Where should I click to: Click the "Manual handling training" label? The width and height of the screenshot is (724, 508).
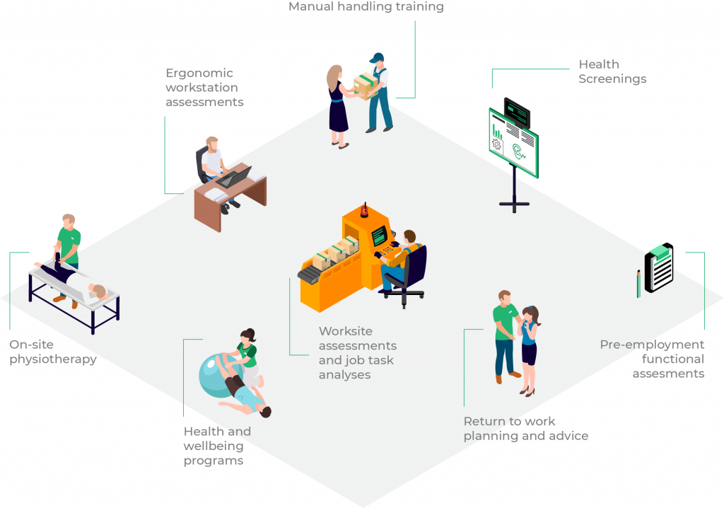(x=366, y=7)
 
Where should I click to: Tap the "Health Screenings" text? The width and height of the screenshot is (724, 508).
(x=612, y=71)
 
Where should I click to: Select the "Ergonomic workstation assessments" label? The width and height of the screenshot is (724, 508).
(x=204, y=88)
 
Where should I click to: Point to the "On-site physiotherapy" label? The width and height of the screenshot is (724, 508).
(x=53, y=352)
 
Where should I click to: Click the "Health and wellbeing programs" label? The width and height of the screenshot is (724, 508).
(x=217, y=446)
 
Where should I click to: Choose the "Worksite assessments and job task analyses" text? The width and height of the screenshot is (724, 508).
(x=357, y=352)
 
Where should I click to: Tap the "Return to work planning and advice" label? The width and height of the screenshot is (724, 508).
(x=525, y=429)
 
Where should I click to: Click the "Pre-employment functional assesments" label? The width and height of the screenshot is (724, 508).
(x=652, y=359)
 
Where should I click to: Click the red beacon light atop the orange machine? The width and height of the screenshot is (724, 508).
(x=365, y=209)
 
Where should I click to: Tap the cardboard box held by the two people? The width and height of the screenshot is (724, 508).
(x=366, y=86)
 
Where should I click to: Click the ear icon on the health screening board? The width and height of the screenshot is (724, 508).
(x=519, y=151)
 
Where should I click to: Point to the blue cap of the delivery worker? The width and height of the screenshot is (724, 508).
(x=377, y=57)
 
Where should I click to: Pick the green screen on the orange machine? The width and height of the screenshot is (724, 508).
(x=380, y=235)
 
